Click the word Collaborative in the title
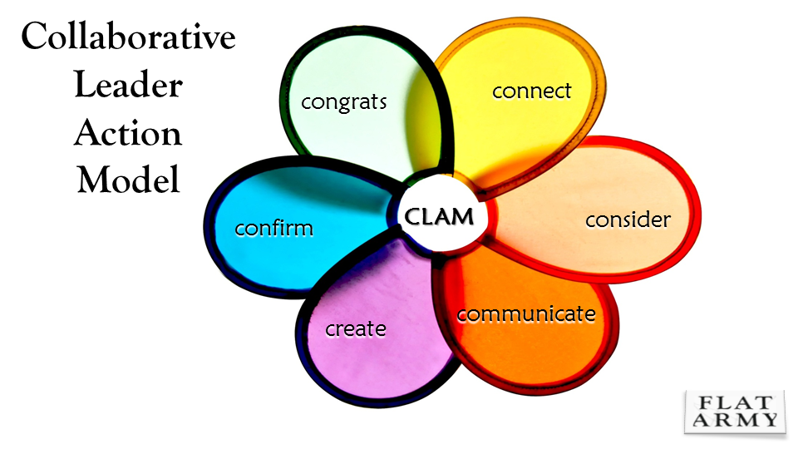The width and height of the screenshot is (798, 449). tap(128, 38)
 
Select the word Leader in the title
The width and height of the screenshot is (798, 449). tap(128, 86)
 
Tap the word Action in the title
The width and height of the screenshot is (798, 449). tap(128, 133)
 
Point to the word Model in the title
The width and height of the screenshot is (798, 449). tap(128, 180)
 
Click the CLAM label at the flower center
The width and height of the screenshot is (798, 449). tap(440, 217)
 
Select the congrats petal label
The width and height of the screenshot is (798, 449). tap(344, 102)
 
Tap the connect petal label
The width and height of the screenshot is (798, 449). tap(532, 90)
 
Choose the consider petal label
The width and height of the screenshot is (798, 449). tap(628, 220)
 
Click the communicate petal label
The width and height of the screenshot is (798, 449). tap(526, 314)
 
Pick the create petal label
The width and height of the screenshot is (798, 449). tap(356, 328)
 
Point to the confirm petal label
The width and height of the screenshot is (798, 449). tap(274, 228)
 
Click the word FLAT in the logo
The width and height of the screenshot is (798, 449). tap(733, 402)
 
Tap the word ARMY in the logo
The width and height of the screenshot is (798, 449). tap(733, 419)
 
